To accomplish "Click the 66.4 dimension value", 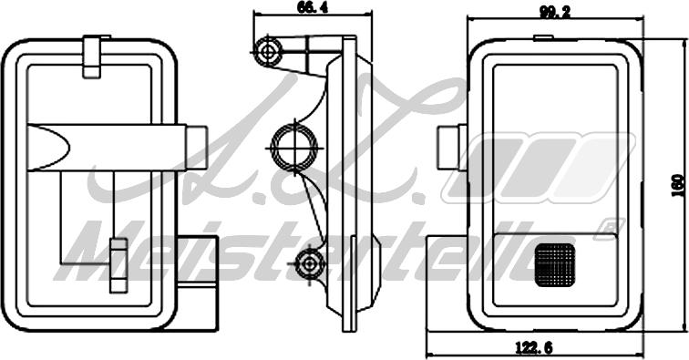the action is (313, 7).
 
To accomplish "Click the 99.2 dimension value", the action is (554, 13).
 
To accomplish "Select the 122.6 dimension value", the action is (533, 347).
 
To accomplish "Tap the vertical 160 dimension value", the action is (678, 185).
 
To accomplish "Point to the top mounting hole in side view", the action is (268, 52).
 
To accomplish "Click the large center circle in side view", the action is (294, 147).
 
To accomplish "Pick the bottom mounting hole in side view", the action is (309, 264).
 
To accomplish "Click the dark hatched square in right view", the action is (555, 264).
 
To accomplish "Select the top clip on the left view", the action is (92, 57).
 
